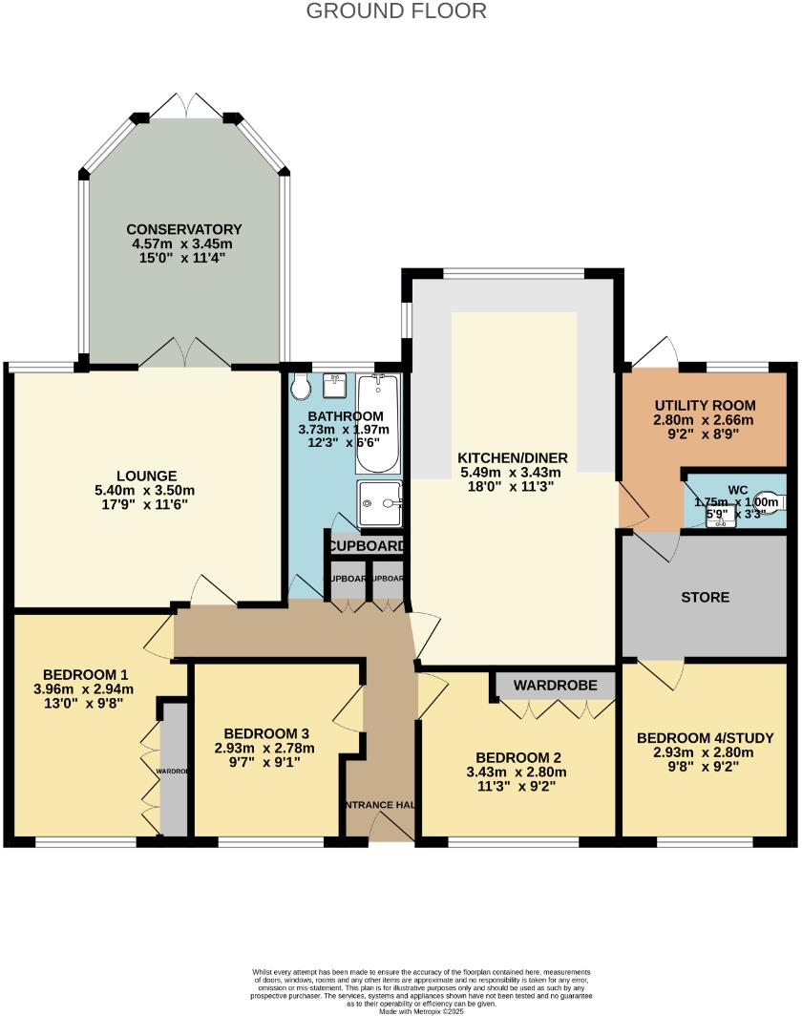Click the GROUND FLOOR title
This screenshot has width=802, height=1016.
396,11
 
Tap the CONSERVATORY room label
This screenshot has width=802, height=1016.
184,229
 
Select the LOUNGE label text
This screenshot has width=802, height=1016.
147,476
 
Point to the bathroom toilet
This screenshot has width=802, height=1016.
302,388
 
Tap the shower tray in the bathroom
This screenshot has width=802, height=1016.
379,503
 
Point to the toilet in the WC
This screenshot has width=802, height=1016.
775,500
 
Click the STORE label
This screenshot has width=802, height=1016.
706,597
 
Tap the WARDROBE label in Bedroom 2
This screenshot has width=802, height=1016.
555,685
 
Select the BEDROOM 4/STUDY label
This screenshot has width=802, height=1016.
705,738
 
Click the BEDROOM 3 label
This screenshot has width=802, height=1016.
264,732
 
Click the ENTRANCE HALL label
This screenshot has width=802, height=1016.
379,805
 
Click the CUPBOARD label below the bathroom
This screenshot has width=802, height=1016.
366,547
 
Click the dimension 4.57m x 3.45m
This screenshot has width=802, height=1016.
184,243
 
